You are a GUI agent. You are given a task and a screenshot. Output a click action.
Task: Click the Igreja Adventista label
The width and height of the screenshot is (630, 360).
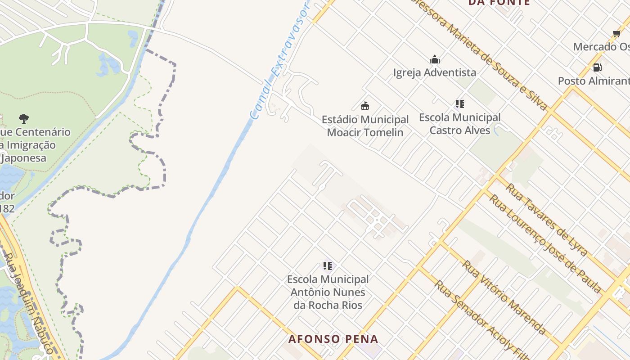[x=434, y=72]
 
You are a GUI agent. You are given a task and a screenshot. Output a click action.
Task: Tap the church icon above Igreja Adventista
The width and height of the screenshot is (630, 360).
[x=435, y=59]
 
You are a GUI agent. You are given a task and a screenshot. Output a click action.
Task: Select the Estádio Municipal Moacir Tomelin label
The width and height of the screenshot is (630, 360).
[x=365, y=126]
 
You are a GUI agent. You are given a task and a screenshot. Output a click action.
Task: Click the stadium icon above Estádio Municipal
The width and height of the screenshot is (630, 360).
[x=365, y=106]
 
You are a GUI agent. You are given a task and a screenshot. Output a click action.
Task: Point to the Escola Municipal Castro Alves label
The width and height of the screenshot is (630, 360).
[x=459, y=124]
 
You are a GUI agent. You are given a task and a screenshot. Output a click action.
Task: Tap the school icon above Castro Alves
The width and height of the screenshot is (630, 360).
[x=459, y=104]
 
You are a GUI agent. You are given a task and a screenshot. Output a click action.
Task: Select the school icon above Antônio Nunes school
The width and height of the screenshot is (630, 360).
[x=328, y=266]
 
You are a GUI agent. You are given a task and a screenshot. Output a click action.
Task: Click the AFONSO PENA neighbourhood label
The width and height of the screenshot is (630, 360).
[x=333, y=339]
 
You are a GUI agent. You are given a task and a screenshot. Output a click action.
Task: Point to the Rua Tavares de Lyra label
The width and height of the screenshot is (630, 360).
[x=546, y=219]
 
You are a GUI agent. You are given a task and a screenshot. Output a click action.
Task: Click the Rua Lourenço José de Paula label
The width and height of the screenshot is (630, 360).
[x=545, y=243]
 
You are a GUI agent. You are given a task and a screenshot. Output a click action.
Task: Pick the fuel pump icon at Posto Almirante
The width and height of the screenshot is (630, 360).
[x=598, y=67]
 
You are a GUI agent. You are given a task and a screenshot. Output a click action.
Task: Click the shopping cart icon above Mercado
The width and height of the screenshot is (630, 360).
[x=616, y=33]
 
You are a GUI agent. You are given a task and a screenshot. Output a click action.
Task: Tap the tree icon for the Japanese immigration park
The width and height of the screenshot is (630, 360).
[x=24, y=119]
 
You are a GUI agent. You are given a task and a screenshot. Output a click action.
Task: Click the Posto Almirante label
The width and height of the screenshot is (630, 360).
[x=594, y=81]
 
